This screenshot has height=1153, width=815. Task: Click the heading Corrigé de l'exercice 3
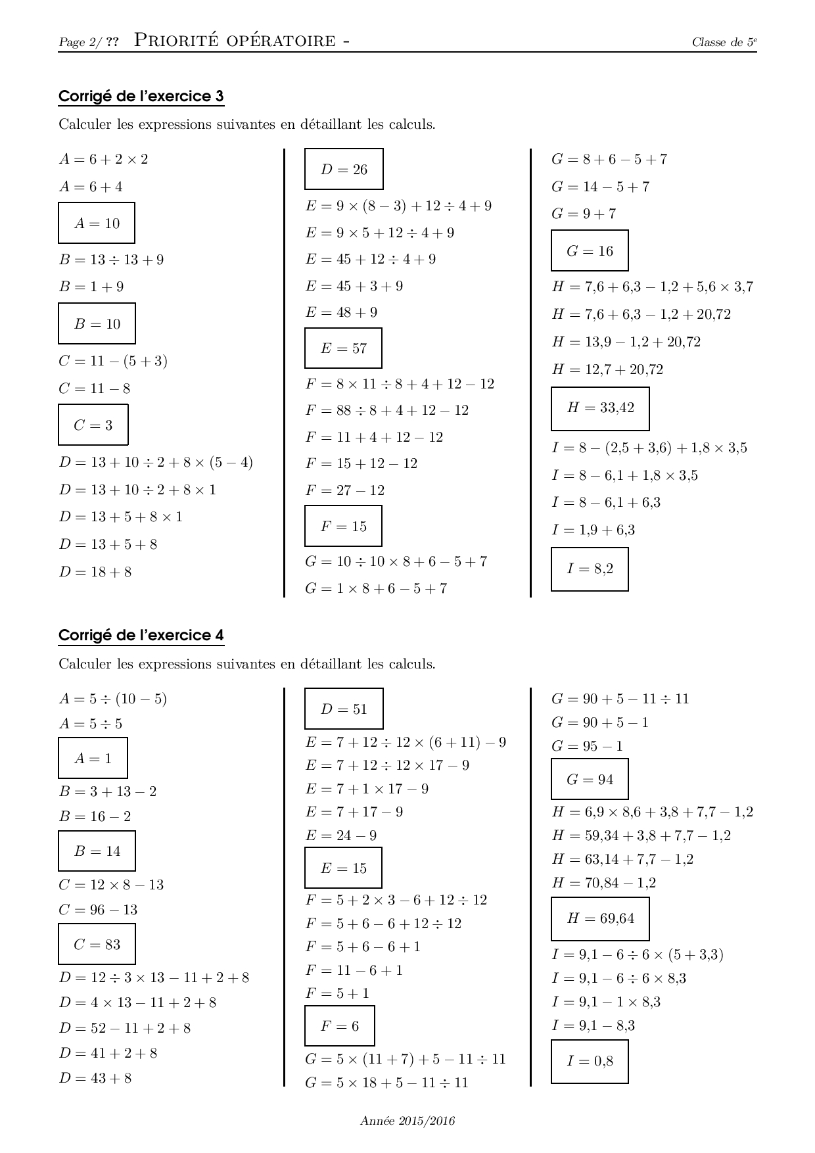click(x=141, y=97)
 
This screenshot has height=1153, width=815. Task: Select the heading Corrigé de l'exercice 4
click(x=141, y=636)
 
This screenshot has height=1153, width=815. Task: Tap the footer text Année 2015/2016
click(x=407, y=1121)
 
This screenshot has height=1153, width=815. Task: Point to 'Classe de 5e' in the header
click(x=724, y=43)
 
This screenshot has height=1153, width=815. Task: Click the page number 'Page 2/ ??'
click(x=89, y=43)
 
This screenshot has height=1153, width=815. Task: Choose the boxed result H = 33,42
click(x=600, y=408)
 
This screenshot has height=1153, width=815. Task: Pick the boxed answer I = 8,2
click(x=590, y=569)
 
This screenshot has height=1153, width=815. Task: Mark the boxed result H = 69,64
click(x=600, y=918)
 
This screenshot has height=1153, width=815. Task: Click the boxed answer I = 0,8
click(x=590, y=1061)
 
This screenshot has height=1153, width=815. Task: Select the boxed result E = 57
click(x=343, y=348)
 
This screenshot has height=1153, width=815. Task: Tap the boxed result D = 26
click(x=344, y=170)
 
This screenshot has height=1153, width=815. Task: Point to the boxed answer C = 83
click(x=97, y=945)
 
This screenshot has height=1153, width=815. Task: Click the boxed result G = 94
click(x=590, y=780)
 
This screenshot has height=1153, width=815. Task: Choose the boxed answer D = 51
click(x=344, y=709)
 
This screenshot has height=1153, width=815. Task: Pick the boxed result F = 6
click(x=339, y=1026)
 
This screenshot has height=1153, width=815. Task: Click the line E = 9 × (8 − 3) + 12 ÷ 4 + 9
click(x=398, y=206)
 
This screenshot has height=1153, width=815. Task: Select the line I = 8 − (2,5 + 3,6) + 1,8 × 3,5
click(x=649, y=448)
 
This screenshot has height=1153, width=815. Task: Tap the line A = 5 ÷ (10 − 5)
click(x=112, y=699)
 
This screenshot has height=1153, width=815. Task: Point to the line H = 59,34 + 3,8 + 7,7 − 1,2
click(x=641, y=836)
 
